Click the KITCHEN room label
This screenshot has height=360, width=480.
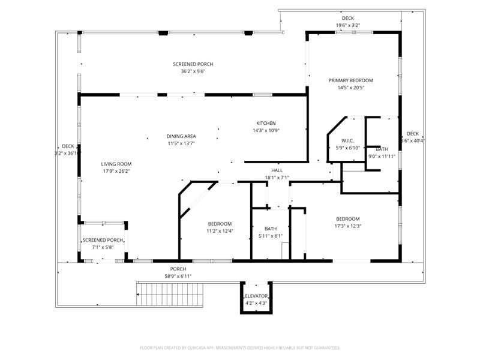click(266, 123)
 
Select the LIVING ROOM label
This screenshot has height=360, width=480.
click(116, 164)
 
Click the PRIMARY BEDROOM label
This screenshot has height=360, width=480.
click(350, 80)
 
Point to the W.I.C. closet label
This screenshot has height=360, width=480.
click(348, 141)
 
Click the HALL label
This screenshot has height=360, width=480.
click(277, 170)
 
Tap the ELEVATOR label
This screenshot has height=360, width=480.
click(256, 296)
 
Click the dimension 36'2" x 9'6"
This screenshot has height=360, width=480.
click(193, 71)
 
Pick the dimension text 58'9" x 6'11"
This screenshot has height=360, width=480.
click(178, 276)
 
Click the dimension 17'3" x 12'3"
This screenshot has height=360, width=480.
click(347, 226)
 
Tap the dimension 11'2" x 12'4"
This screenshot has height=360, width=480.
click(219, 231)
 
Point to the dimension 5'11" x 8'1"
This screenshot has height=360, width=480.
click(270, 236)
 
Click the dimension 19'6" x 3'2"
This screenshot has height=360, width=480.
click(347, 25)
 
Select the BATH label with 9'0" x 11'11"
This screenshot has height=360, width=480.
click(382, 149)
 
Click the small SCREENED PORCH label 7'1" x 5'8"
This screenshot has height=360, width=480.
click(103, 240)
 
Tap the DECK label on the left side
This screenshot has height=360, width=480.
click(68, 146)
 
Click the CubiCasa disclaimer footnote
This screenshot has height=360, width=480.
click(240, 347)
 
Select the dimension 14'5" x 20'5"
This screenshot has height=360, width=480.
click(350, 88)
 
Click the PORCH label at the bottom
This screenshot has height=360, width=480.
click(178, 269)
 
